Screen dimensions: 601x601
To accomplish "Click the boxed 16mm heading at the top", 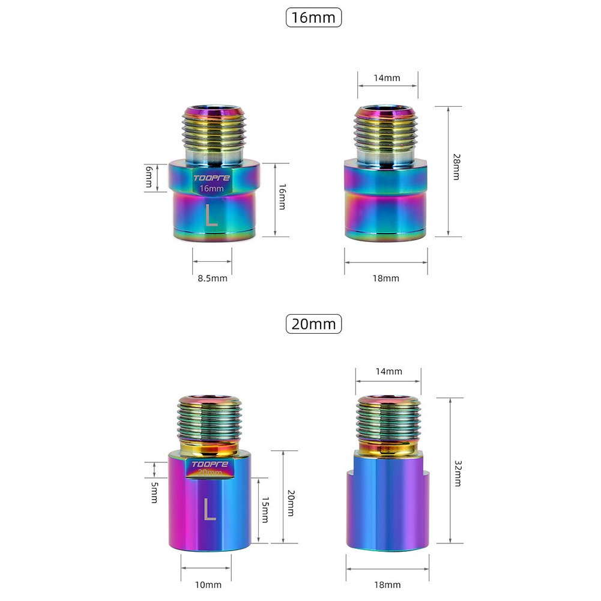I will tap(313, 17).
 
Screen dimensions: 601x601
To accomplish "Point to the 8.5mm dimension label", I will tap(213, 278).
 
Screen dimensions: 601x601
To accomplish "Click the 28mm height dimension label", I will tap(457, 168).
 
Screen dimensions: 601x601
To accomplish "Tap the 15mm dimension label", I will tap(265, 510).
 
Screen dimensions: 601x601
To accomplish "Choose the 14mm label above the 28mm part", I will tap(387, 77).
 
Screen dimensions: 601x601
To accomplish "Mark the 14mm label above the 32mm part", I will tap(388, 371).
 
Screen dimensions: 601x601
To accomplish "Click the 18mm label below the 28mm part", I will tap(386, 278).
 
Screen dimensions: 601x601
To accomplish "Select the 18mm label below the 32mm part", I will tap(387, 584).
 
